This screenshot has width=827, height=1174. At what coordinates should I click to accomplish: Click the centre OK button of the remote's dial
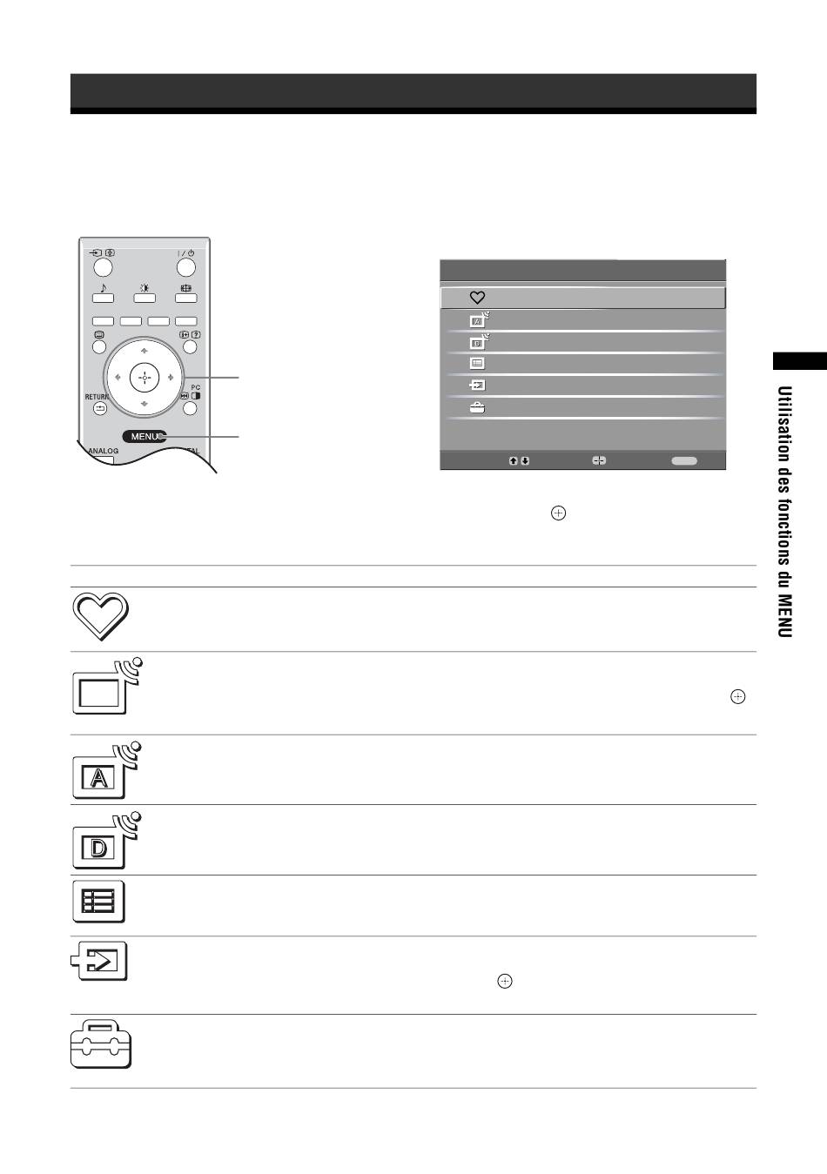[x=145, y=377]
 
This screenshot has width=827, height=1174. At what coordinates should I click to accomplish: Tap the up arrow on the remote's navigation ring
[x=145, y=351]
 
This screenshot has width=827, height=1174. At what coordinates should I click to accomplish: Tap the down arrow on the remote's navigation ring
[x=145, y=404]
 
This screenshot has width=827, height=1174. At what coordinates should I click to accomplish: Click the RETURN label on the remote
[x=97, y=397]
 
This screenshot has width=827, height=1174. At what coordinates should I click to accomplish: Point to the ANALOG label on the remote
[x=104, y=451]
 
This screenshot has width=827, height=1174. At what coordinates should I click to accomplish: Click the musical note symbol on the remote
[x=103, y=288]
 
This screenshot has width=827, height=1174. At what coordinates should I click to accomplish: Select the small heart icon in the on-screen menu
[x=477, y=298]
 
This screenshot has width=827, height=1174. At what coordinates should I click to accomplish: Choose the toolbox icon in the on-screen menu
[x=477, y=408]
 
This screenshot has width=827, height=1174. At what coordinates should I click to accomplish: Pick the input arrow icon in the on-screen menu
[x=477, y=386]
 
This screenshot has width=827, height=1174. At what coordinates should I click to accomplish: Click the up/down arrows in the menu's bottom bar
[x=519, y=460]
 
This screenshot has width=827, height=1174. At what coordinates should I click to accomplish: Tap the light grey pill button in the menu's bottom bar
[x=684, y=460]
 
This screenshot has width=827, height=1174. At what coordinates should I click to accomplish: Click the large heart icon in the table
[x=100, y=616]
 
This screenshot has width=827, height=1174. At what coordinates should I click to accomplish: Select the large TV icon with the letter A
[x=107, y=770]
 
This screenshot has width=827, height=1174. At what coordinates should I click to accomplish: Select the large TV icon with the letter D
[x=107, y=840]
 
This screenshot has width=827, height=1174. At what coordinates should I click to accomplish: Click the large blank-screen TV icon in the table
[x=107, y=686]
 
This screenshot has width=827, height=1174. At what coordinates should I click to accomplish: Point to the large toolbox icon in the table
[x=101, y=1044]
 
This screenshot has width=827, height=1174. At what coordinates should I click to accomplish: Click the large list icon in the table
[x=98, y=902]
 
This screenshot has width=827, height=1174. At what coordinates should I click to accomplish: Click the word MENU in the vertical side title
[x=784, y=615]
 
